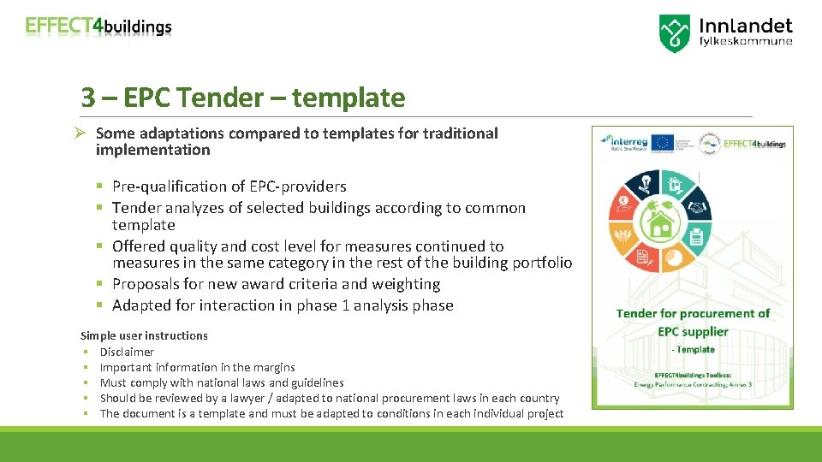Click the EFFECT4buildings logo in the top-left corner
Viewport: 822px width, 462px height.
[x=98, y=26]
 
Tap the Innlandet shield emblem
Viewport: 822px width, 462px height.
[x=675, y=33]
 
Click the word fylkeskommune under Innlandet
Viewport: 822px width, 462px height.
[x=747, y=40]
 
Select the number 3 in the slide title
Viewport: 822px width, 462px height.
[x=87, y=98]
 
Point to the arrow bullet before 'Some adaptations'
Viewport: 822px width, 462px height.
[x=84, y=133]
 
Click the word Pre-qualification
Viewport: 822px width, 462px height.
[x=162, y=187]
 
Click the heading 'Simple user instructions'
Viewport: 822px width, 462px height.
[x=144, y=335]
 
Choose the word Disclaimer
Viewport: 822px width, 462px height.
[x=127, y=352]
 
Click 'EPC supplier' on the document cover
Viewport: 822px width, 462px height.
[x=693, y=331]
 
